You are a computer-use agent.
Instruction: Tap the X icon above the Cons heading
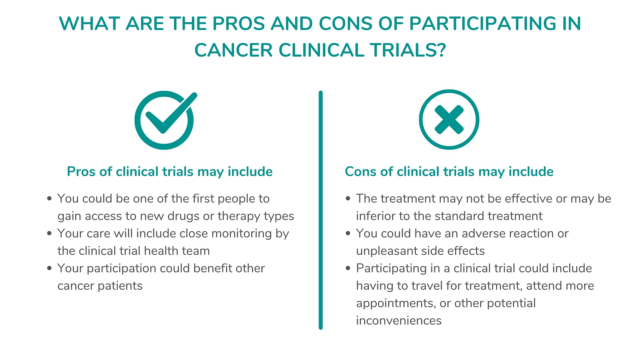click(449, 119)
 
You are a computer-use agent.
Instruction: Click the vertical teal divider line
click(321, 210)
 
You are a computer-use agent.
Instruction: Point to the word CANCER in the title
click(233, 50)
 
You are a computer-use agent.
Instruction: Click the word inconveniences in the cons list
click(399, 321)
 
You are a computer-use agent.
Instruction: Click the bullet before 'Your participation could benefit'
click(49, 268)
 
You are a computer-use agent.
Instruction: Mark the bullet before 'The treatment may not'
click(348, 198)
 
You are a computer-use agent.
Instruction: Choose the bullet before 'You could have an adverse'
click(348, 233)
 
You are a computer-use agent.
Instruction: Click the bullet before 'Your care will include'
click(49, 233)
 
